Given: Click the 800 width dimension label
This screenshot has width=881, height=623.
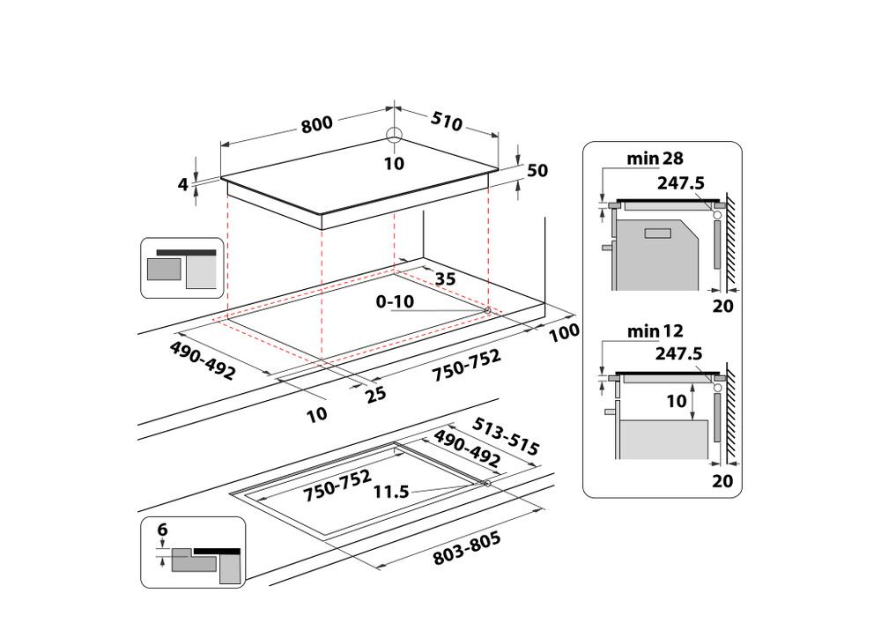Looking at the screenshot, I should click(317, 124).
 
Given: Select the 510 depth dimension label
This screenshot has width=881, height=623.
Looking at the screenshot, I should click(447, 122).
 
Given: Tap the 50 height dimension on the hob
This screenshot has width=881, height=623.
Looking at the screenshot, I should click(537, 172).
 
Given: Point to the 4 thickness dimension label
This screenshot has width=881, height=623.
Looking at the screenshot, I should click(183, 184).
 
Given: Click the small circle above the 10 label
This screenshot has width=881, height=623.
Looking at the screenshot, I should click(394, 136).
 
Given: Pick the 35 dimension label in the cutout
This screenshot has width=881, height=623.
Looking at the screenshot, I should click(446, 279).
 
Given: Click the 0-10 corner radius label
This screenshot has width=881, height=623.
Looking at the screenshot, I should click(395, 301).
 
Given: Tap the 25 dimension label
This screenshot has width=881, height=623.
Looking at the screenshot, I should click(376, 395).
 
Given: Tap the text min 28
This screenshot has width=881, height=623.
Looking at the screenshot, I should click(655, 159).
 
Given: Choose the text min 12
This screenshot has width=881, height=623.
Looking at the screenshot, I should click(655, 331).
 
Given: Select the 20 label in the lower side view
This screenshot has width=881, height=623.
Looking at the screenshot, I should click(722, 480).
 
